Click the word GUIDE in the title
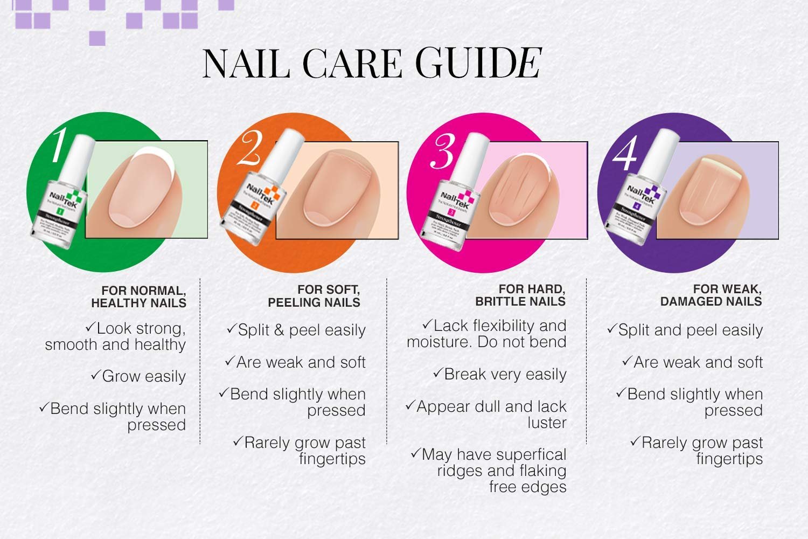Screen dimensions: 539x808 point(479,64)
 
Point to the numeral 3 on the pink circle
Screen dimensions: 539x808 point(443,151)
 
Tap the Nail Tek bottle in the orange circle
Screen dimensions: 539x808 point(256,205)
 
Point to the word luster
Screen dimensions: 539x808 point(547,423)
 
